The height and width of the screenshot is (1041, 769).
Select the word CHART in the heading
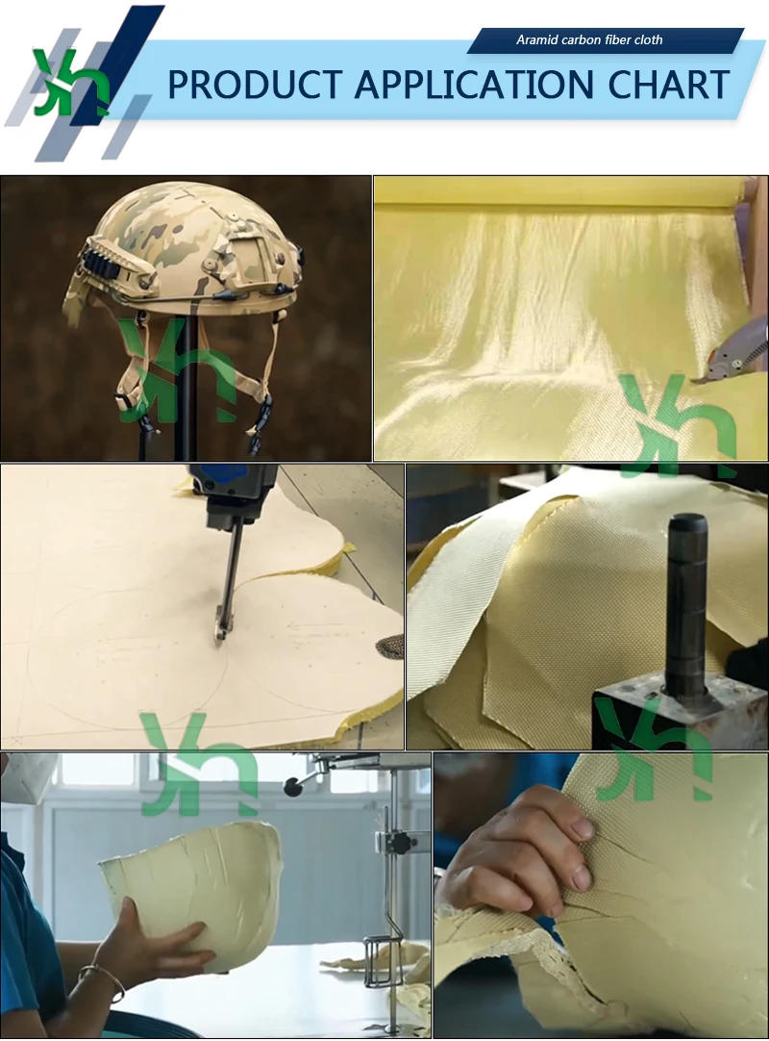668,85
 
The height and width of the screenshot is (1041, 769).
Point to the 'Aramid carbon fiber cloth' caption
589,40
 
